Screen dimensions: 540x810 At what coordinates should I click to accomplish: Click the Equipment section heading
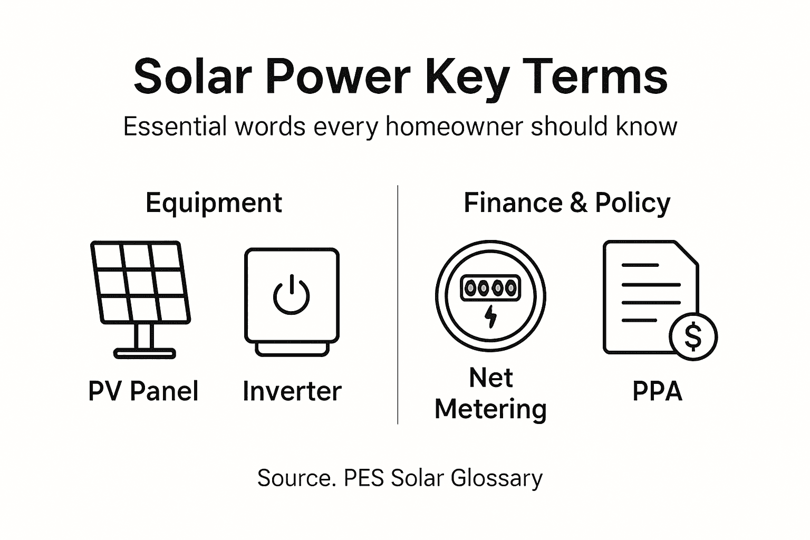click(x=214, y=203)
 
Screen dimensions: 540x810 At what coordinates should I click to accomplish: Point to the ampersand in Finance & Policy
click(x=578, y=203)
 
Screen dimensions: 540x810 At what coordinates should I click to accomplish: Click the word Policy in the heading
click(x=632, y=203)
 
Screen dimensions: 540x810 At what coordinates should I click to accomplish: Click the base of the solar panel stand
click(x=144, y=353)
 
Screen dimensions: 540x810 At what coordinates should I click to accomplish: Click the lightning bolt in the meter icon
click(x=490, y=316)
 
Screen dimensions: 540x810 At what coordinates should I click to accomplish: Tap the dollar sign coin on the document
click(x=693, y=336)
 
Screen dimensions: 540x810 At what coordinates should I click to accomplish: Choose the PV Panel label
click(x=143, y=391)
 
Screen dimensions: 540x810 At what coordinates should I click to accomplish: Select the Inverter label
click(x=292, y=391)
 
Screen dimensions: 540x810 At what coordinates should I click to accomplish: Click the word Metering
click(x=490, y=409)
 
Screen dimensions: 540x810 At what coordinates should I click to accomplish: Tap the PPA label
click(x=657, y=391)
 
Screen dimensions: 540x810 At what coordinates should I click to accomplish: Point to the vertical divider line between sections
click(x=398, y=306)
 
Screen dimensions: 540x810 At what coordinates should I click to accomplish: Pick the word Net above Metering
click(x=490, y=378)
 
